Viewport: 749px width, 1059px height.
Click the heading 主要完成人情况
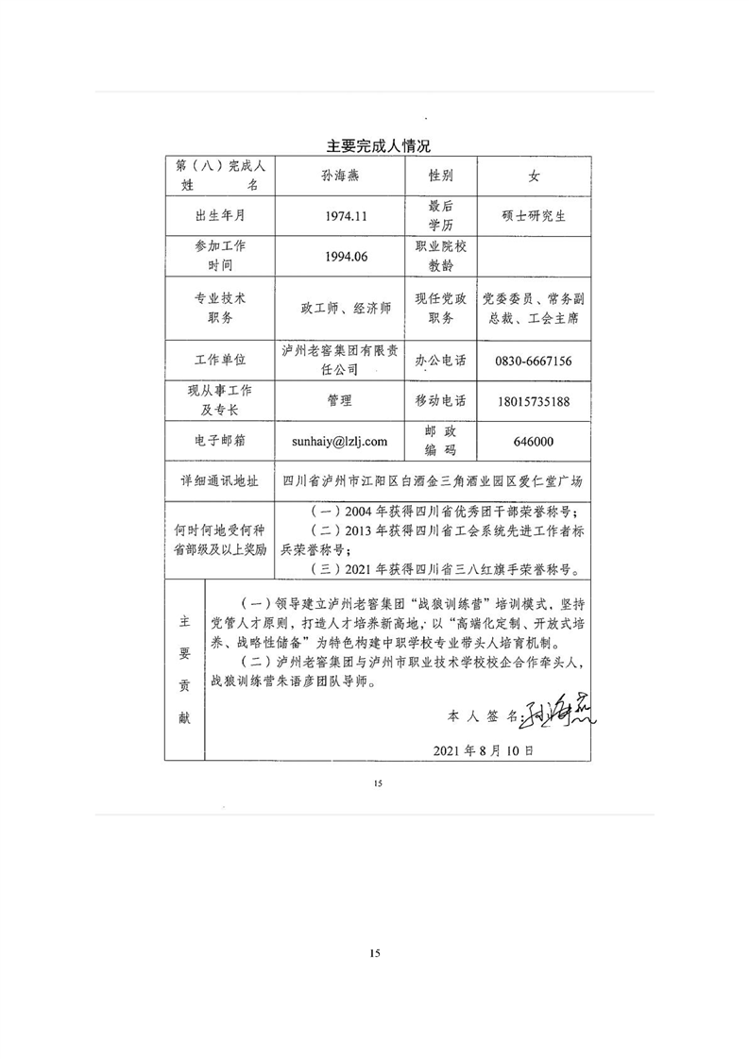click(x=378, y=146)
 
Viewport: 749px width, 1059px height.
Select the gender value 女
click(x=534, y=176)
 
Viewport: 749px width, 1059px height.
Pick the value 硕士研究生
click(x=534, y=216)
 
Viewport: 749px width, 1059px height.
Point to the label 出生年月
click(x=220, y=216)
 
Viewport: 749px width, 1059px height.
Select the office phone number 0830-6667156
click(x=534, y=361)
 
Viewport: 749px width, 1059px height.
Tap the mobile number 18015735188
click(x=534, y=401)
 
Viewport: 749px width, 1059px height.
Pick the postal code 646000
click(x=534, y=441)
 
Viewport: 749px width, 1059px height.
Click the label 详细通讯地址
click(x=220, y=480)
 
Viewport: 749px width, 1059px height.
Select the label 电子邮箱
click(x=220, y=441)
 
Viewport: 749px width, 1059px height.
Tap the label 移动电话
click(x=440, y=401)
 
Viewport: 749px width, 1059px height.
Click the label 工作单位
click(x=220, y=361)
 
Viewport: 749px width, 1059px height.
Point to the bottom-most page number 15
click(x=375, y=955)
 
